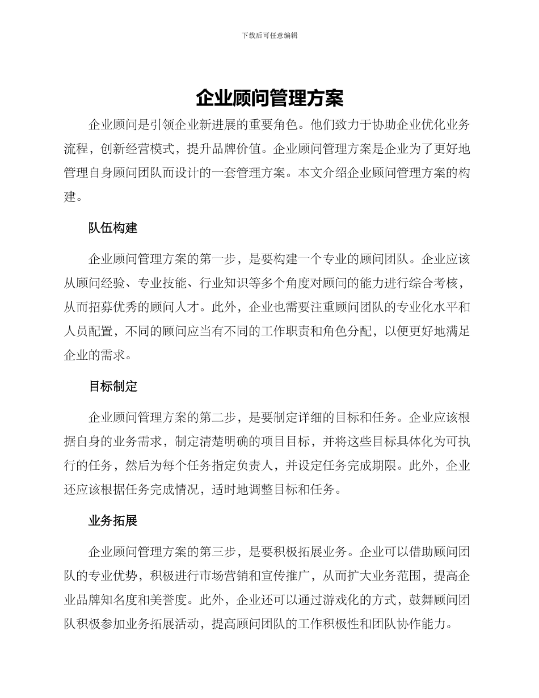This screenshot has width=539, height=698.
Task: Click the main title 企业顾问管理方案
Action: (269, 98)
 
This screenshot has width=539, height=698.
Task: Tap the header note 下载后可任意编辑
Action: (269, 35)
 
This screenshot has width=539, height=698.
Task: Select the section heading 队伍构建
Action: (113, 228)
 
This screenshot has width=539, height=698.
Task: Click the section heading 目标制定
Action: (113, 386)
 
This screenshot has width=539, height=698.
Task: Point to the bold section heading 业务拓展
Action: (113, 520)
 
